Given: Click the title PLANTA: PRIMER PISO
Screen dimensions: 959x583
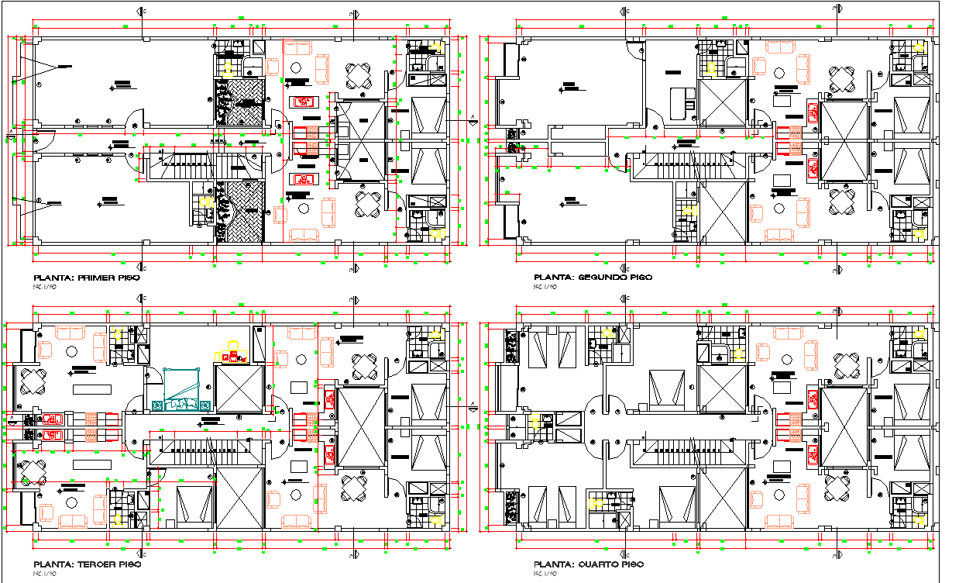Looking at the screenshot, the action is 85,277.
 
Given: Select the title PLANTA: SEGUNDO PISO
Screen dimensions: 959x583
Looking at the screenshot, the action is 593,277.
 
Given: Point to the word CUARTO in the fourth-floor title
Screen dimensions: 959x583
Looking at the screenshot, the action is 600,564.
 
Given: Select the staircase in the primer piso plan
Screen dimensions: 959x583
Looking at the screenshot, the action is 187,163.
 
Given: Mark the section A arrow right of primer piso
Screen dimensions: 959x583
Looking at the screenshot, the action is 472,120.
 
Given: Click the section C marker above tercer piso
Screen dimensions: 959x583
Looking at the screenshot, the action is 141,298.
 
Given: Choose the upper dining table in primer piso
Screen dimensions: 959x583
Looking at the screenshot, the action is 359,76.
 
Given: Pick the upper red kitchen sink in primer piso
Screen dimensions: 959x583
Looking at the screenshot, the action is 304,101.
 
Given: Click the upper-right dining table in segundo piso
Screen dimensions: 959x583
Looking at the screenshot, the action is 843,78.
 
